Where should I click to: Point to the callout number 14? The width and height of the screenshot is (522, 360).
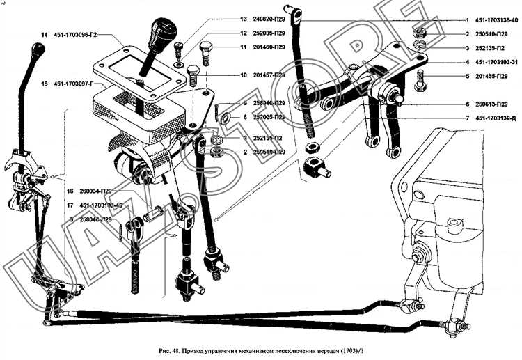(44, 34)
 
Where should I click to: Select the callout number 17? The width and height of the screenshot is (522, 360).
(70, 205)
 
